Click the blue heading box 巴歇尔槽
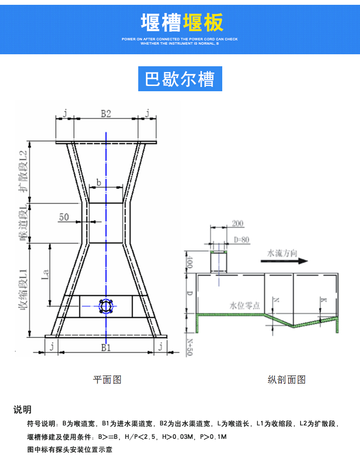180,78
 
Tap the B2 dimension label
106,114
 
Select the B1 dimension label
106,347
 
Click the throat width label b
98,182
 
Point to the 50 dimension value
64,217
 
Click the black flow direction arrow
284,261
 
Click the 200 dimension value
238,224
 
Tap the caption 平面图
107,380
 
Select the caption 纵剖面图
287,380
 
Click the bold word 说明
23,410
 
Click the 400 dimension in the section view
190,263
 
